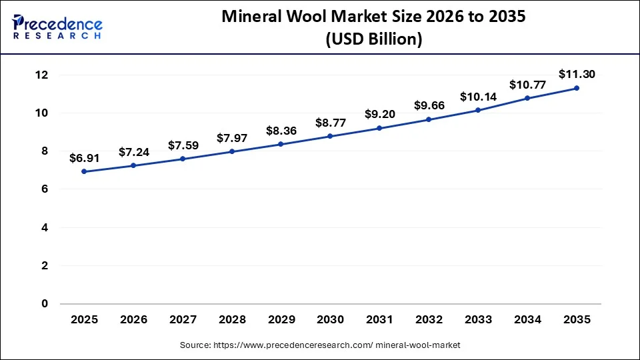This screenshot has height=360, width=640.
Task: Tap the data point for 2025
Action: point(84,171)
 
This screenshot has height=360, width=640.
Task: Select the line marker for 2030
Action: point(330,136)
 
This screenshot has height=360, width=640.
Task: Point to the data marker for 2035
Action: point(577,88)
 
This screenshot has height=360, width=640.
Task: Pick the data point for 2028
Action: point(232,151)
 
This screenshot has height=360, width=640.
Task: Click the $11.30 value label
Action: point(577,73)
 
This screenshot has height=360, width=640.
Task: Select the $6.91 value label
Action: point(84,158)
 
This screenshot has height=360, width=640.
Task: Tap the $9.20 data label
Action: point(379,114)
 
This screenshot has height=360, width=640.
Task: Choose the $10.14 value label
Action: point(478,97)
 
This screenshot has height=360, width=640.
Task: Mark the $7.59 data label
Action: point(183,145)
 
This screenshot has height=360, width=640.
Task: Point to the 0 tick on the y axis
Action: point(45,304)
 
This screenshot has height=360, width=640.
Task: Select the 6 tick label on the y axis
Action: point(45,189)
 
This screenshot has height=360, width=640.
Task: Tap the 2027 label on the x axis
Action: point(183,320)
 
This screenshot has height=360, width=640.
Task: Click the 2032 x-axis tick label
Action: point(429,320)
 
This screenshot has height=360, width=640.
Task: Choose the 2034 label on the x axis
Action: point(527,320)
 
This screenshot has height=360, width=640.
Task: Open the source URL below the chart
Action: point(320,345)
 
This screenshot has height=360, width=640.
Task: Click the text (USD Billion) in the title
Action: point(373,39)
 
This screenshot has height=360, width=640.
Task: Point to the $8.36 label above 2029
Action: point(281,131)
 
